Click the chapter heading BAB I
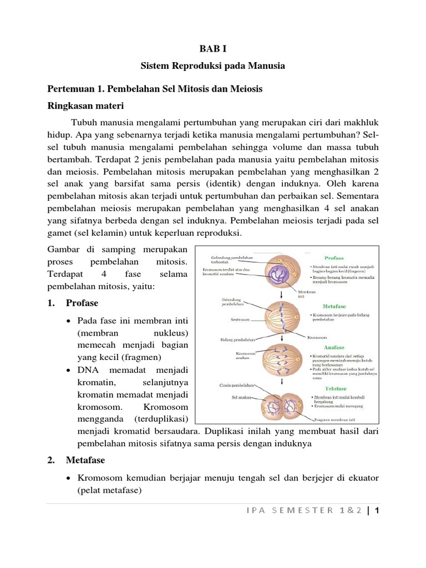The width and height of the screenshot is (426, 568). [x=212, y=49]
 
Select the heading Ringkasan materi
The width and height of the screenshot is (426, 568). [x=86, y=106]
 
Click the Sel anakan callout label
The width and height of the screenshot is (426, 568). [x=242, y=397]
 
